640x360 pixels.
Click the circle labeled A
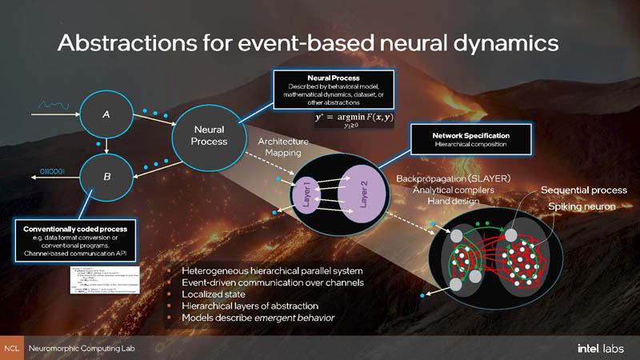pos(106,115)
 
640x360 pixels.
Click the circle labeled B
pos(106,174)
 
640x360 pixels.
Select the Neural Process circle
pos(209,135)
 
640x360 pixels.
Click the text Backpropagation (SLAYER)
pos(454,177)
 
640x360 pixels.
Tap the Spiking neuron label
pos(582,207)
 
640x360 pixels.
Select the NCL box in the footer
pos(11,350)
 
